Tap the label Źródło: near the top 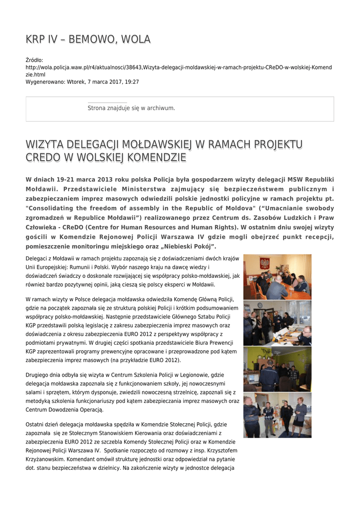tap(34, 60)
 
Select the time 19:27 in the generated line tap(132, 81)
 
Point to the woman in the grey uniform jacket tap(300, 416)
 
